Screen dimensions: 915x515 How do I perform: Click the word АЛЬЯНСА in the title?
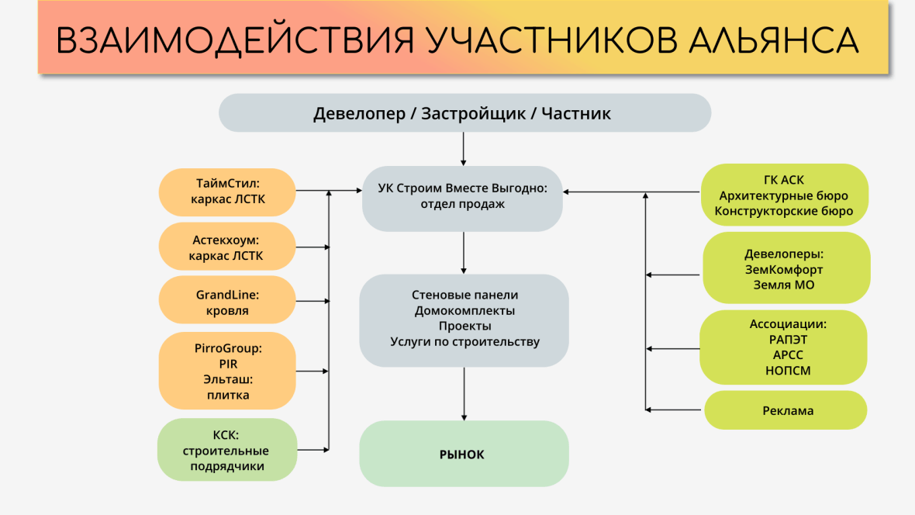click(773, 40)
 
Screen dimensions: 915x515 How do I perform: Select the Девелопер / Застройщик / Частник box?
click(464, 112)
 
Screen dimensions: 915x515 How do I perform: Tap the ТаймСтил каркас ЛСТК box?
click(227, 192)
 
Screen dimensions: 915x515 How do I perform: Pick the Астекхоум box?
click(227, 247)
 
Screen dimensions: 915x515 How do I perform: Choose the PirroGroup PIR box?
click(227, 371)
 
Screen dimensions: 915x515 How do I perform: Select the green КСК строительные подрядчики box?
click(227, 450)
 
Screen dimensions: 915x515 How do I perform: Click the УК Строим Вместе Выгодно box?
click(462, 199)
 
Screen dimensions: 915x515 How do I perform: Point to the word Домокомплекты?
click(464, 311)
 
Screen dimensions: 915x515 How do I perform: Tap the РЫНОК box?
click(464, 454)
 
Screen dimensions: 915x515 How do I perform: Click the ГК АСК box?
click(784, 195)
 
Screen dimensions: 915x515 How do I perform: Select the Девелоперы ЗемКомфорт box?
click(786, 268)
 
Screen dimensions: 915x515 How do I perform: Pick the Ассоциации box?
click(783, 347)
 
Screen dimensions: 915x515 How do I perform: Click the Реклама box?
click(786, 410)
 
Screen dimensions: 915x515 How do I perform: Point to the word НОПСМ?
click(788, 371)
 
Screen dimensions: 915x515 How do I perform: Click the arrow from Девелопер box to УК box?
click(464, 149)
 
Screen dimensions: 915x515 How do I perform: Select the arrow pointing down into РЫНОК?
click(464, 394)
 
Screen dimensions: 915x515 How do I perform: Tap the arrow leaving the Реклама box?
click(673, 410)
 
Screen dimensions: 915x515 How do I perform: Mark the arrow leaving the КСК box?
click(313, 450)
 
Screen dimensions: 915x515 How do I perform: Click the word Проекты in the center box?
click(464, 326)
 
